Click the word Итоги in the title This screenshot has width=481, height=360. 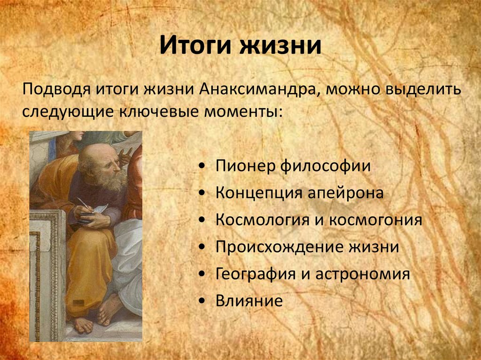196,46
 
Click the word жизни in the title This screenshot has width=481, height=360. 280,46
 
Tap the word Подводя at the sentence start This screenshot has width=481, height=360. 56,91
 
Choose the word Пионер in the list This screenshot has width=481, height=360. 245,166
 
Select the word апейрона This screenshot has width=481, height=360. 345,193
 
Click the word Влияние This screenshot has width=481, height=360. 249,301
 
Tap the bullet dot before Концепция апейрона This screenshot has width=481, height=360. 202,193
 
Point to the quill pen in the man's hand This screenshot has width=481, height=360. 85,204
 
